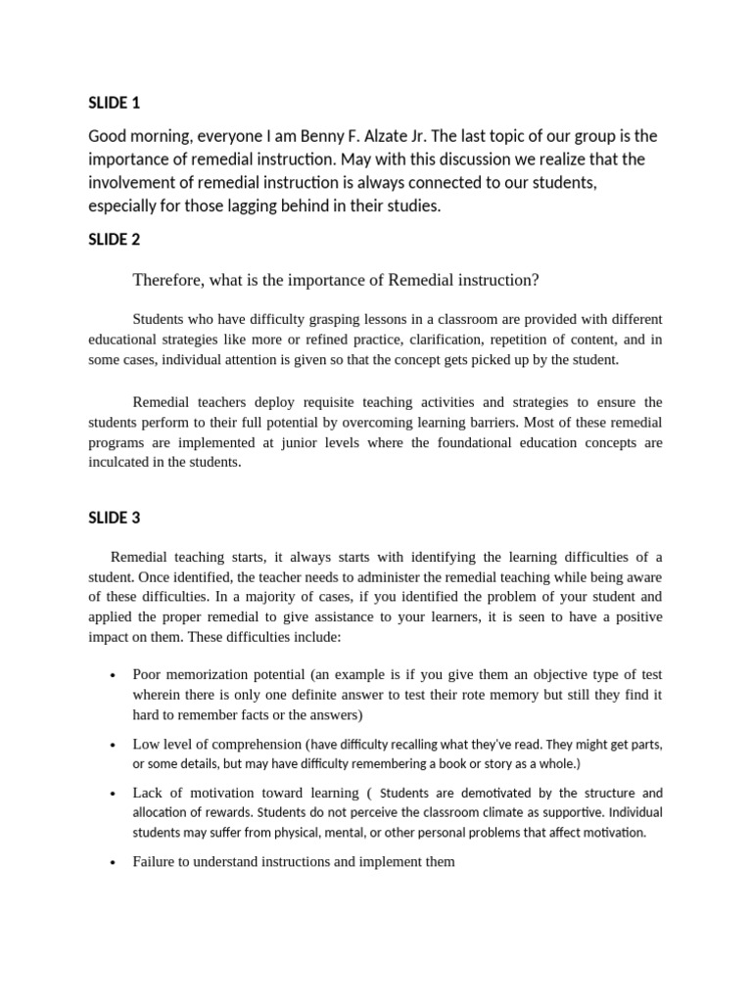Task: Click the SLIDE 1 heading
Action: click(115, 103)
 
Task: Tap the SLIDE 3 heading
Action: click(115, 518)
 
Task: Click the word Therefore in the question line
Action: click(167, 281)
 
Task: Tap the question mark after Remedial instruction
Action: click(536, 281)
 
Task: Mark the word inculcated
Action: click(125, 463)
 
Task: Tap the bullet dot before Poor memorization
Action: click(115, 676)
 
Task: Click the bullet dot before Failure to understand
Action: click(115, 863)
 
